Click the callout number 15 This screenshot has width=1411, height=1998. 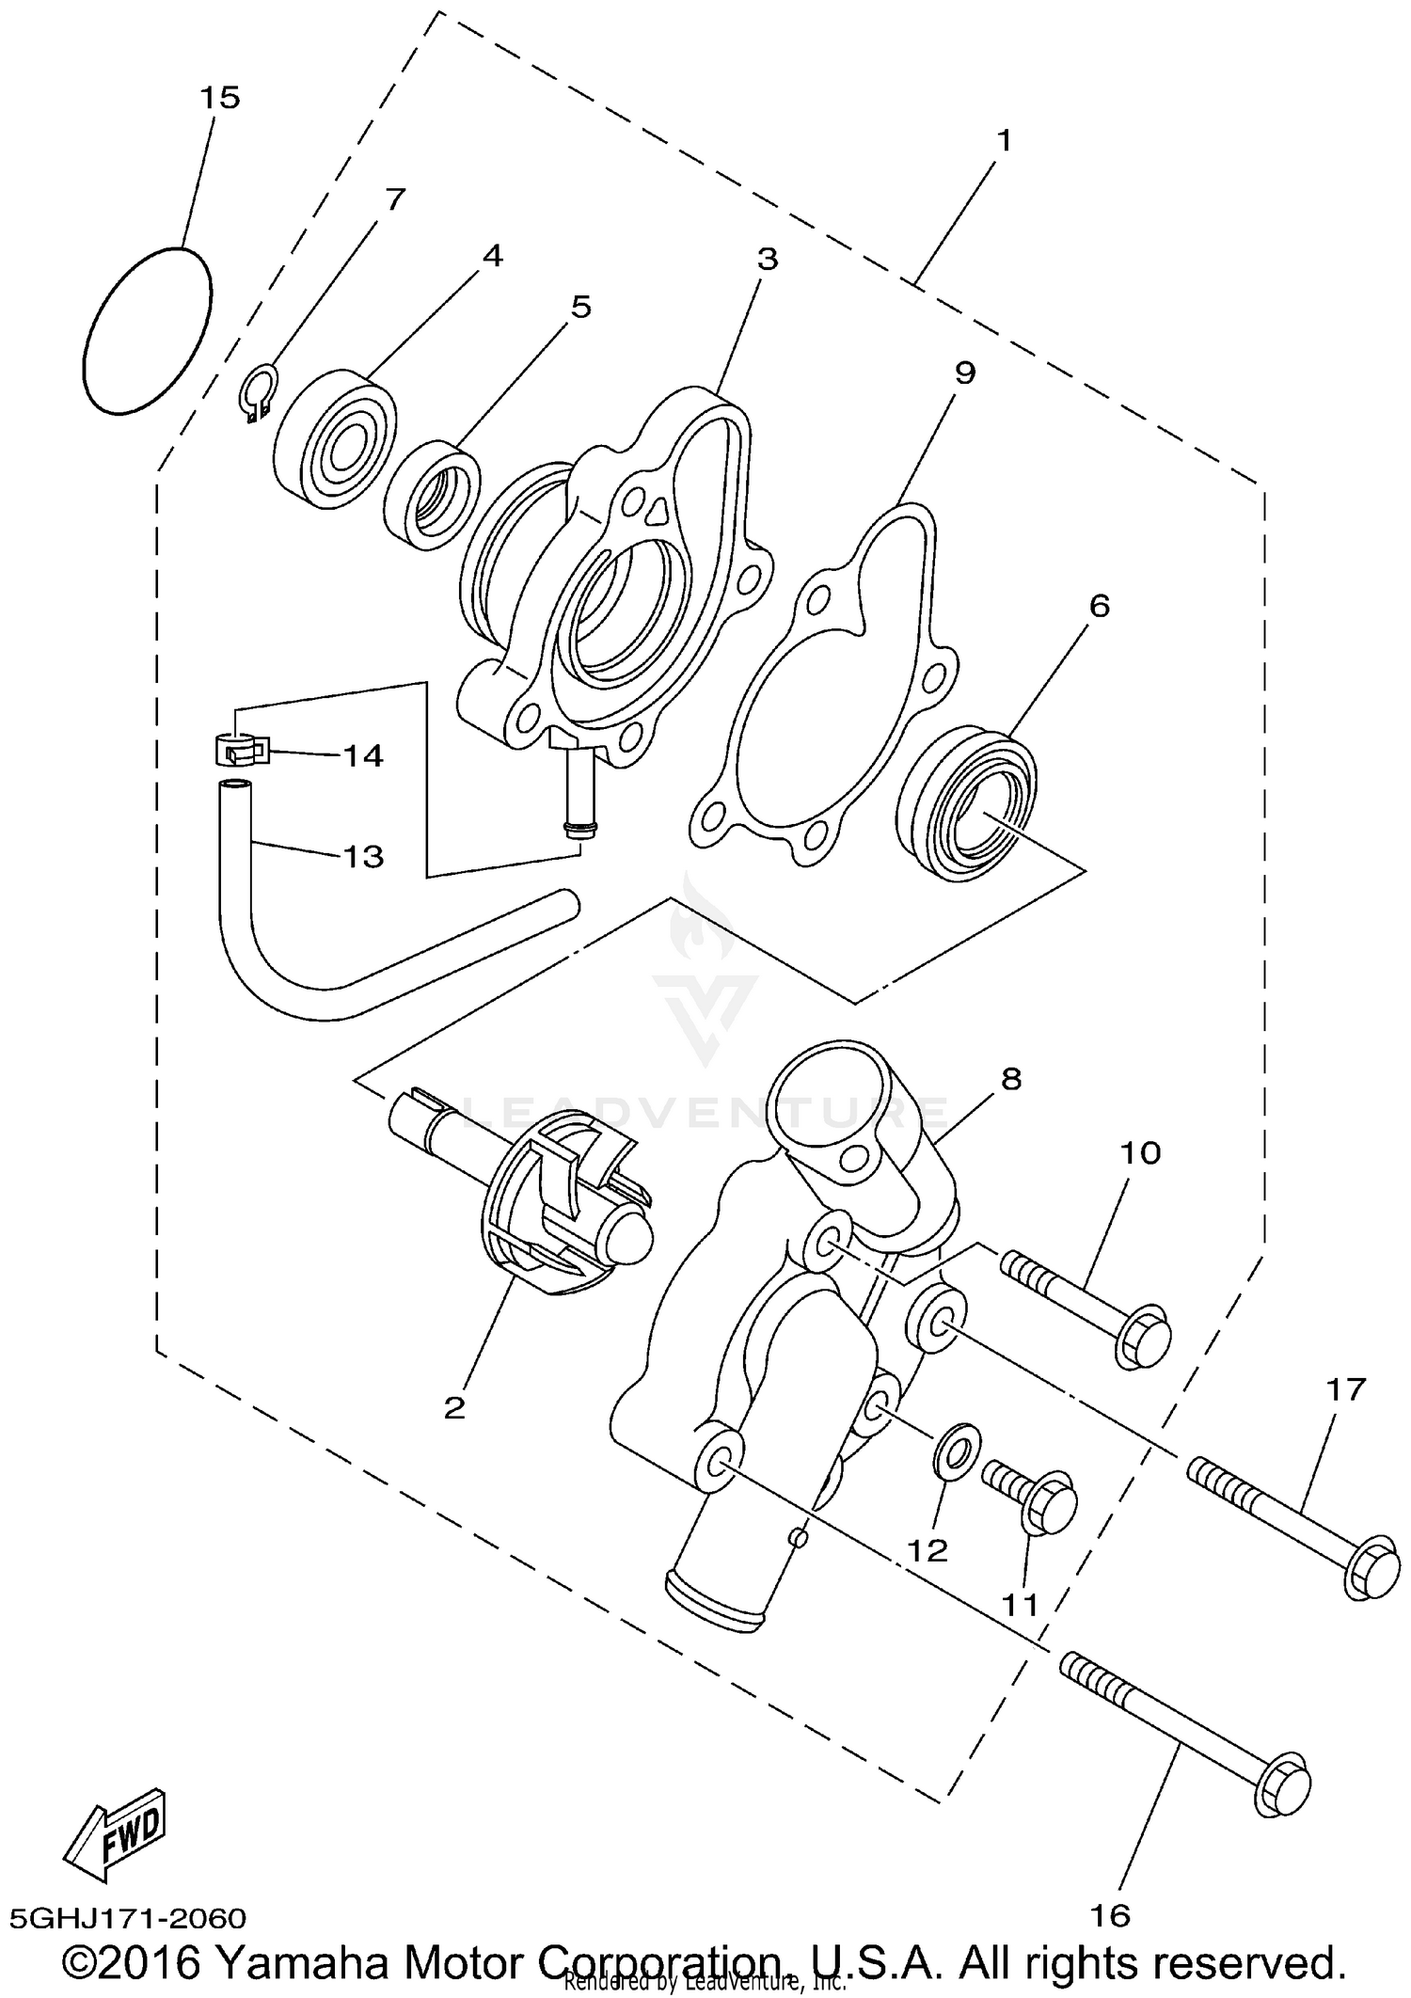(219, 98)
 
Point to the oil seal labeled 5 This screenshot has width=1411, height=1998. (433, 494)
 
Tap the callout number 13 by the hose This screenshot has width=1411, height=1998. (363, 857)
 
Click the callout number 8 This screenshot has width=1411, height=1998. (1011, 1079)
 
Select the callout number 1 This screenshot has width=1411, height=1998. (1004, 141)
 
